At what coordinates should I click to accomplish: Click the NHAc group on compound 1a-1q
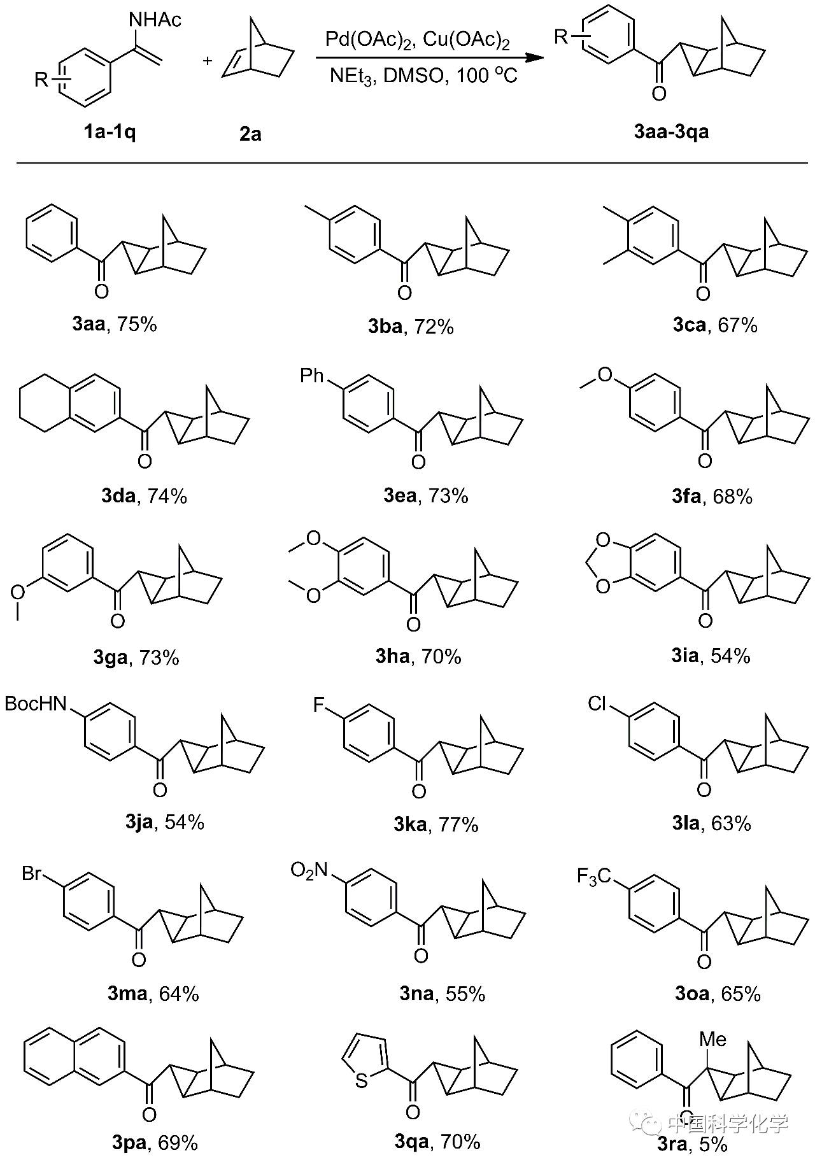[x=155, y=20]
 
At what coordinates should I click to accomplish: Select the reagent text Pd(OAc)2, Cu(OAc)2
[x=417, y=40]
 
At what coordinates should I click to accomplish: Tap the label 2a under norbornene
[x=250, y=134]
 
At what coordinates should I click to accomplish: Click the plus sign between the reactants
[x=208, y=60]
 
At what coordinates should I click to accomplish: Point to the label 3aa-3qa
[x=671, y=132]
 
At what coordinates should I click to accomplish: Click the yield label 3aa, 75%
[x=115, y=325]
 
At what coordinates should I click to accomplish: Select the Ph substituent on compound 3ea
[x=312, y=376]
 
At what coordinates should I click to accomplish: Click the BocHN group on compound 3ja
[x=36, y=704]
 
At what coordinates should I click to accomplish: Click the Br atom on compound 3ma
[x=32, y=873]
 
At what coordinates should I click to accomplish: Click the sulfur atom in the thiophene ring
[x=362, y=1080]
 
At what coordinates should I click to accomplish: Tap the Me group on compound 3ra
[x=712, y=1040]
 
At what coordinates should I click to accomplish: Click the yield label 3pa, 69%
[x=155, y=1143]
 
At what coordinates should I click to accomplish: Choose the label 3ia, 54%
[x=711, y=656]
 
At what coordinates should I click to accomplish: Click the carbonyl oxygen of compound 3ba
[x=404, y=293]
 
